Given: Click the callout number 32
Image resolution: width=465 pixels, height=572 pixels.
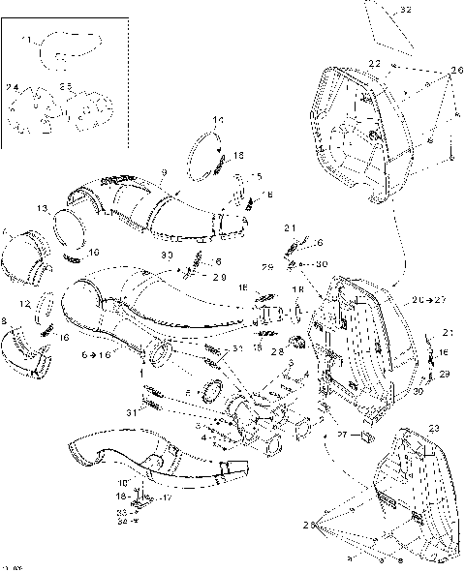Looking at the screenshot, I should point(406,10).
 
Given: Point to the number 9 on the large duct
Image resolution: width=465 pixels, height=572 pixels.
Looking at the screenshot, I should point(165,172).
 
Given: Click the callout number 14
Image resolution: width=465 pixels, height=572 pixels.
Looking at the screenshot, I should point(217,120).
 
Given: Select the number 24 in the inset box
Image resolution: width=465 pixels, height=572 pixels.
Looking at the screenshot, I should point(13,88).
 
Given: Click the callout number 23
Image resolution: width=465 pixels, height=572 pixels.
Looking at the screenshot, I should point(433,427).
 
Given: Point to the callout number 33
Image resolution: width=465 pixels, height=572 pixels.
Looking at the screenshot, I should point(121,511).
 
